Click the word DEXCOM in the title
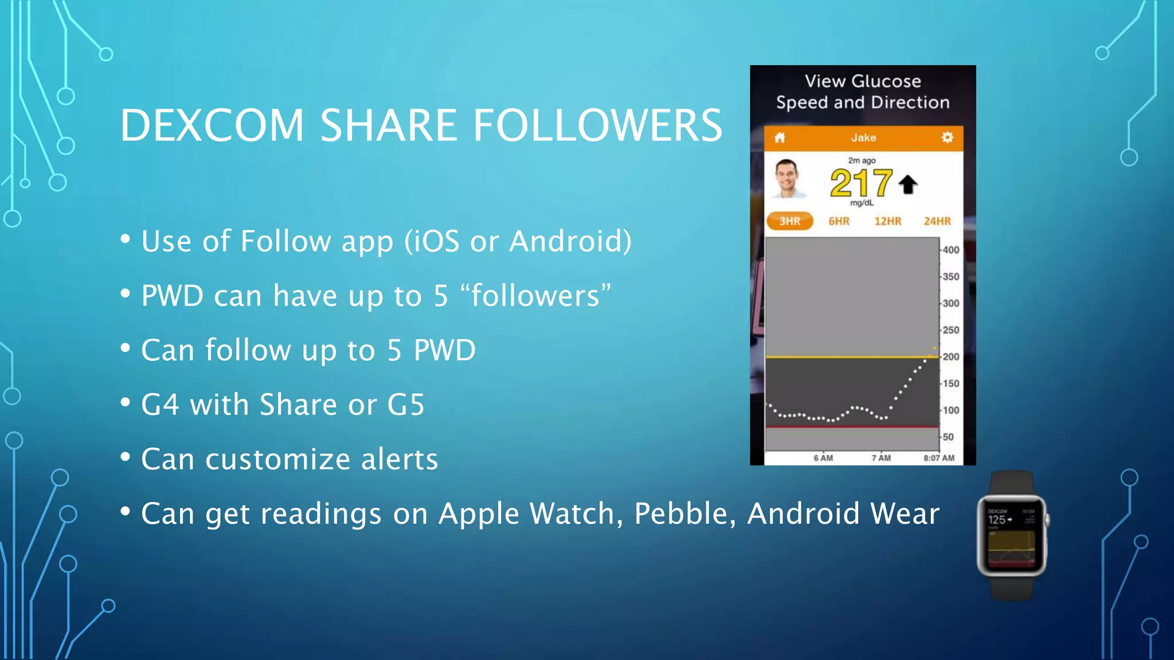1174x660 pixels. [x=212, y=125]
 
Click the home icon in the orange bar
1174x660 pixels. [x=780, y=137]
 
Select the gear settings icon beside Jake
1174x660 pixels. [x=947, y=137]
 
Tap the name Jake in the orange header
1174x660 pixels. [x=863, y=137]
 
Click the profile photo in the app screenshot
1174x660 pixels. [x=787, y=179]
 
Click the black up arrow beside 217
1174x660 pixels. [x=908, y=184]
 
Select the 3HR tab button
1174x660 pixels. [x=789, y=221]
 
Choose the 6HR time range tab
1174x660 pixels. [x=839, y=221]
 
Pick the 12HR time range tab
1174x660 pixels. [x=887, y=221]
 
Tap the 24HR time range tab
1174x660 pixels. [x=937, y=221]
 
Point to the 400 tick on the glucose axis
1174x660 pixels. [x=950, y=250]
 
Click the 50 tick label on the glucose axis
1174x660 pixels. [x=948, y=437]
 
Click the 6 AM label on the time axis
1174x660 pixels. [x=823, y=458]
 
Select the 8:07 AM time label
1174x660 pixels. [x=939, y=458]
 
